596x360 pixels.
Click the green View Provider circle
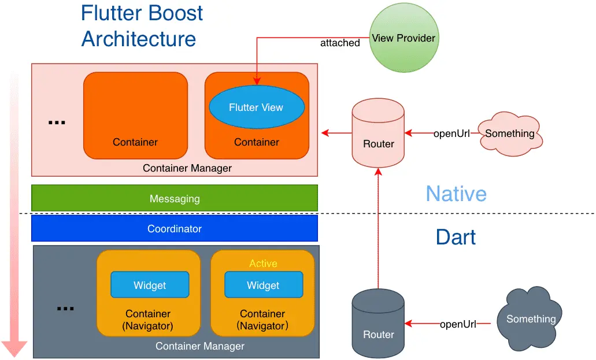tap(403, 39)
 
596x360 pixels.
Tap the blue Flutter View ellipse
tap(256, 107)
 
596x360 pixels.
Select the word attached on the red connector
tap(340, 43)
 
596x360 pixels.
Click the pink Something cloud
tap(510, 133)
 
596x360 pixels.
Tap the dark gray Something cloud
tap(531, 319)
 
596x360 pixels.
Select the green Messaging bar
tap(175, 198)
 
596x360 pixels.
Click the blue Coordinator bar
tap(175, 229)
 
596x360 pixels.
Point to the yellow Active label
tap(263, 263)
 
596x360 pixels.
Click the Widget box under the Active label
tap(263, 285)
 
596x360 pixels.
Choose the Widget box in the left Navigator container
tap(150, 285)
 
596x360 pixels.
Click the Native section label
tap(456, 194)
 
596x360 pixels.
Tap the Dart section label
tap(456, 237)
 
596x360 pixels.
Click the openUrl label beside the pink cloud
tap(451, 133)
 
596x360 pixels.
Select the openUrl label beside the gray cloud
tap(458, 324)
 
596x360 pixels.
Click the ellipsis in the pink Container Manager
tap(57, 123)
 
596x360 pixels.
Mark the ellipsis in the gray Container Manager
tap(65, 309)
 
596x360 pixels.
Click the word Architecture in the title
tap(139, 39)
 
